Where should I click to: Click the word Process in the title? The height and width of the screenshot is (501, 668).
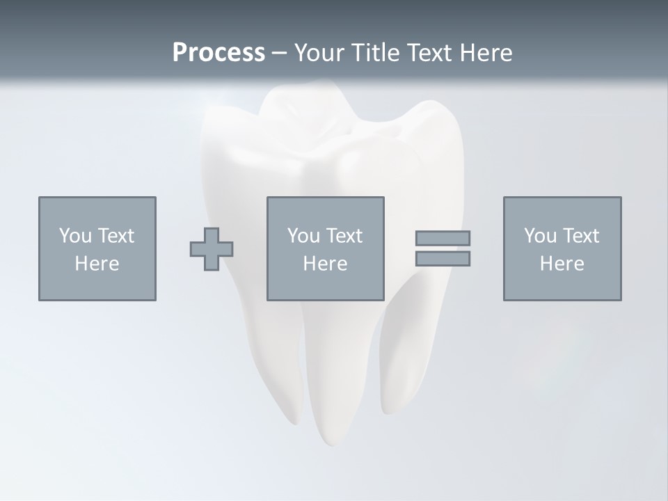218,53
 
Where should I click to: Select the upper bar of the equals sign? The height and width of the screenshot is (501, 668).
443,239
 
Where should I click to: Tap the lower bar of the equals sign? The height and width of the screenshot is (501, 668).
443,258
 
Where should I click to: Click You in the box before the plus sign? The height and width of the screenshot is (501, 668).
75,236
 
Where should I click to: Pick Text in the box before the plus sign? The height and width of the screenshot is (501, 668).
115,236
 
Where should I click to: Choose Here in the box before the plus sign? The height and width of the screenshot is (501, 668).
97,264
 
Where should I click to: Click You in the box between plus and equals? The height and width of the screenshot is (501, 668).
303,236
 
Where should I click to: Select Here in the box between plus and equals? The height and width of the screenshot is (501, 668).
325,264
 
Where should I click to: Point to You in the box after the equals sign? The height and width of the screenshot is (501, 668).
540,236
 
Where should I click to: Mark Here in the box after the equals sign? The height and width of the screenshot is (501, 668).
562,264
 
